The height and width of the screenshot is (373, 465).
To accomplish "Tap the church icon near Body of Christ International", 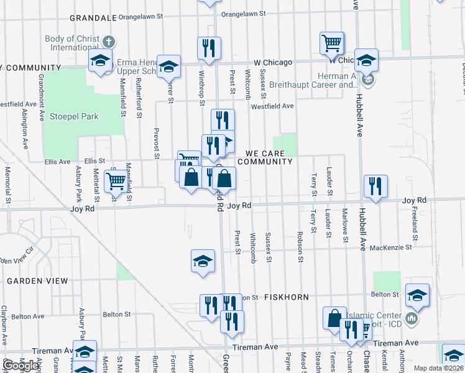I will [x=109, y=42].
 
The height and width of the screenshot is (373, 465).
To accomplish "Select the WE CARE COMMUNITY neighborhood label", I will [x=269, y=157].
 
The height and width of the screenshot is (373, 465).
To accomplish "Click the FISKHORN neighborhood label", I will [x=287, y=297].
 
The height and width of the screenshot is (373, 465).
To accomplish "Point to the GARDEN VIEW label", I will [x=37, y=281].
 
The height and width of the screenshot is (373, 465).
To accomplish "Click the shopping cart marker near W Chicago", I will [x=332, y=43].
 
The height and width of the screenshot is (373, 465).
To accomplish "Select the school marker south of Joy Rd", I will [x=203, y=261].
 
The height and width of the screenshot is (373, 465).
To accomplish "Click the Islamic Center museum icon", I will [x=411, y=320].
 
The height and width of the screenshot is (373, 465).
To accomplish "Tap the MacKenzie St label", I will [x=391, y=247].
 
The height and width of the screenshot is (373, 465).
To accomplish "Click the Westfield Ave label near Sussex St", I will [x=272, y=106].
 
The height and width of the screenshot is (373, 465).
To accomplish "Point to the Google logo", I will [x=20, y=366].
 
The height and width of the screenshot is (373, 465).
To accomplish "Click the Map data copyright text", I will [x=438, y=368].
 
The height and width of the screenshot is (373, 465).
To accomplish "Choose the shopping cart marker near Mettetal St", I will [x=115, y=181].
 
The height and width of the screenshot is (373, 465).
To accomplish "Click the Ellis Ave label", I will [x=57, y=162].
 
